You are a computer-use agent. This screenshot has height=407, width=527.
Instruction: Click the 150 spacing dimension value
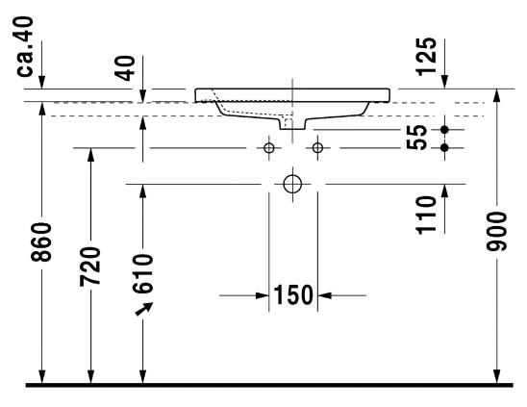point(293,294)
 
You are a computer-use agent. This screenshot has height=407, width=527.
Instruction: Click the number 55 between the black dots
point(416,138)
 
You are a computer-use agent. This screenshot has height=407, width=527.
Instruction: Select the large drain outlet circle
point(293,183)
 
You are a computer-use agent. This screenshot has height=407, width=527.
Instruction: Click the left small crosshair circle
point(269,148)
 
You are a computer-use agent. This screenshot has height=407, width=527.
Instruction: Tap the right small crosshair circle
point(317,148)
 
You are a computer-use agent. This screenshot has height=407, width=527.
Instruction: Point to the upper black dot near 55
point(444,129)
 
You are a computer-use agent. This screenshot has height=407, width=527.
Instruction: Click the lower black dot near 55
point(444,147)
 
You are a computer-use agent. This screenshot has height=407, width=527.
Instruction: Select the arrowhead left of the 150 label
point(261,294)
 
